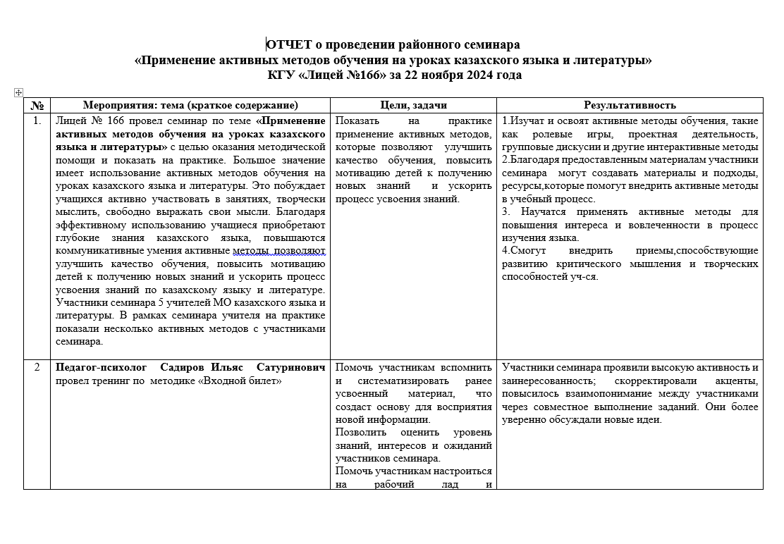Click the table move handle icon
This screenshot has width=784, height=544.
[x=18, y=92]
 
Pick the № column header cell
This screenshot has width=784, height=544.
[x=37, y=105]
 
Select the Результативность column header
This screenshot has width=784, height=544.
[x=630, y=105]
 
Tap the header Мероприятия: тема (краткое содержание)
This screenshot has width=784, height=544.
[x=190, y=105]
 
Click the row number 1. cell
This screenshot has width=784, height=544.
[x=37, y=121]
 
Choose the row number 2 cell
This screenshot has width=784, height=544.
[x=37, y=368]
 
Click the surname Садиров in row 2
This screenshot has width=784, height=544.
[x=184, y=368]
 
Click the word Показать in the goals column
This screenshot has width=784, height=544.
[x=358, y=121]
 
